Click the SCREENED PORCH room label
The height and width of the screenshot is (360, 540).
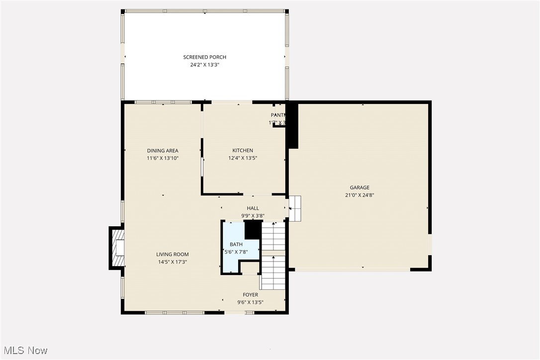click(204, 57)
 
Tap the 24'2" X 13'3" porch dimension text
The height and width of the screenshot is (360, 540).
click(204, 65)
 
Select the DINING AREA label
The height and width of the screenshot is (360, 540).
click(162, 151)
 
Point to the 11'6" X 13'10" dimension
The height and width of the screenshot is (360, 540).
click(162, 158)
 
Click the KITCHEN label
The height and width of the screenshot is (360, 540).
click(243, 151)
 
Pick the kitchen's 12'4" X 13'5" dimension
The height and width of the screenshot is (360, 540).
click(243, 158)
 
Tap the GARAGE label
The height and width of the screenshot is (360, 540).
click(359, 187)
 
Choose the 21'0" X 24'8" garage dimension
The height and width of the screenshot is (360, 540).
click(359, 195)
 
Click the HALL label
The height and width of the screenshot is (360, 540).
click(253, 208)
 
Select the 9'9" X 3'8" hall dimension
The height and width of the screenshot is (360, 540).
click(253, 216)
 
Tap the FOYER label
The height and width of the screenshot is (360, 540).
click(250, 295)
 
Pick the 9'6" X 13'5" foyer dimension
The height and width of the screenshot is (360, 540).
click(250, 302)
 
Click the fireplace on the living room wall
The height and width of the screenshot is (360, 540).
click(117, 248)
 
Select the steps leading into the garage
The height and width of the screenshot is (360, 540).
click(295, 208)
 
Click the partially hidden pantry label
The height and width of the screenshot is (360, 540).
click(277, 115)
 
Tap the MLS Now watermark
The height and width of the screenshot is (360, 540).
click(24, 351)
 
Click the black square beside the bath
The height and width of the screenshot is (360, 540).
click(253, 230)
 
